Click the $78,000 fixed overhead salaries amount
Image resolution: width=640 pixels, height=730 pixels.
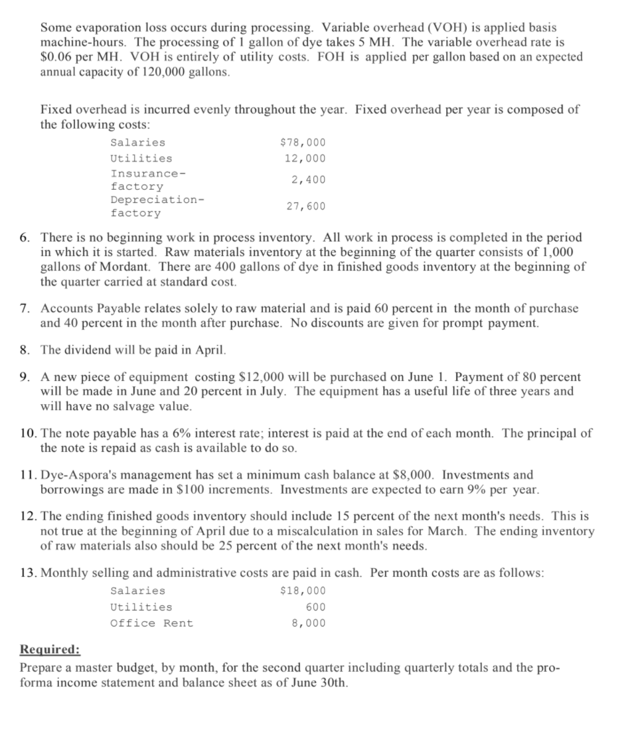303,143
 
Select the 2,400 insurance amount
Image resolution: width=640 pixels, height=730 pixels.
309,180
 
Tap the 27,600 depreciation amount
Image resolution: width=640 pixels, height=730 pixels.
306,206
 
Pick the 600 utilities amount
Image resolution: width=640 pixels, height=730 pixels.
315,607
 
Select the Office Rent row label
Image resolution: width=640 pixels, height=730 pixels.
151,623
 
